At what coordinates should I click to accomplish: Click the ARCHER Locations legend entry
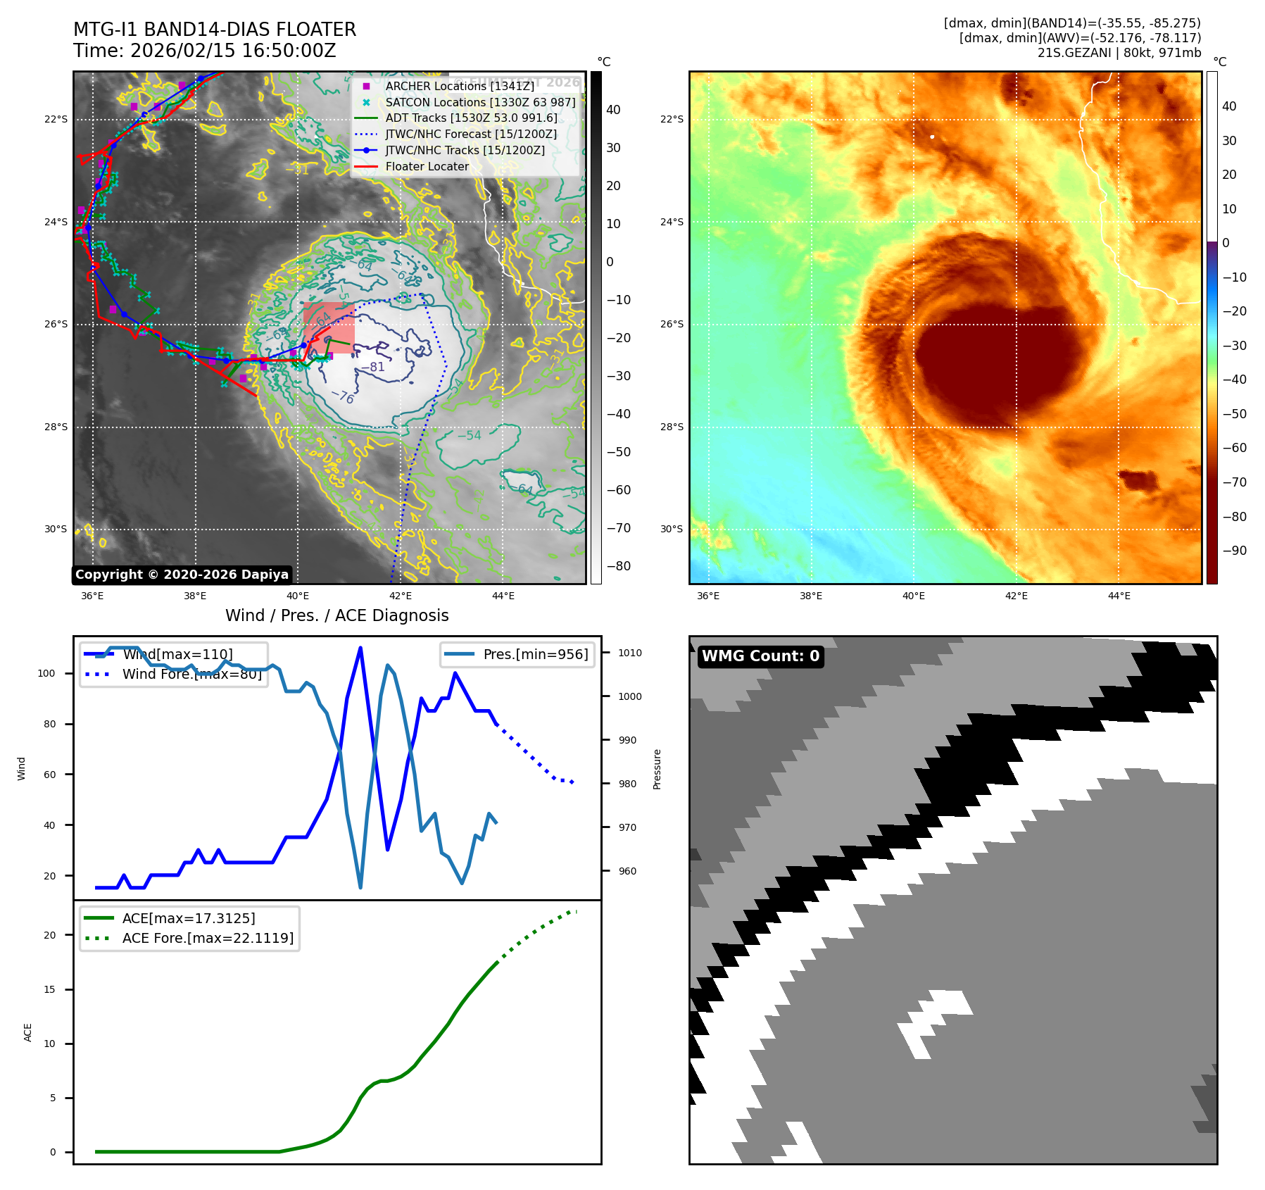click(x=459, y=86)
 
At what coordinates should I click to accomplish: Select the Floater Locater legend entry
click(x=427, y=167)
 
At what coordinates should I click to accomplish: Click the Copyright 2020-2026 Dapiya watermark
click(x=182, y=575)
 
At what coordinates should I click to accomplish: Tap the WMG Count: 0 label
click(x=760, y=656)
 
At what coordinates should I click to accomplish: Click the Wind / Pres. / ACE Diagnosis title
click(x=336, y=615)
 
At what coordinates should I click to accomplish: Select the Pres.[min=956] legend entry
click(x=535, y=654)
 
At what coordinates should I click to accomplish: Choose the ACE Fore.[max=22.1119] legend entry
click(x=208, y=938)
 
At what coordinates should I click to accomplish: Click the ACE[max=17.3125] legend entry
click(x=189, y=918)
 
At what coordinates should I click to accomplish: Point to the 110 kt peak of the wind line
click(x=360, y=648)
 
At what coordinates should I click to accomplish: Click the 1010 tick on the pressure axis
click(x=629, y=653)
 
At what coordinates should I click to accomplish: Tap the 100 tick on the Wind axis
click(x=46, y=673)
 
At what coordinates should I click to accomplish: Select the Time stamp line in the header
click(x=204, y=51)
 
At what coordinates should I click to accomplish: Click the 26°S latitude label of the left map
click(x=56, y=325)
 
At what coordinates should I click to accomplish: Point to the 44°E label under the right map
click(x=1119, y=596)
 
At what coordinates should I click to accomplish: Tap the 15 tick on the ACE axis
click(x=50, y=989)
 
